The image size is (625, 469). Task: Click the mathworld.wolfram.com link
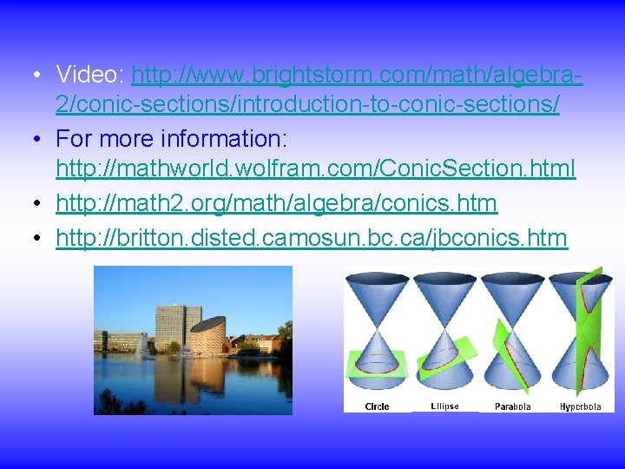point(315,168)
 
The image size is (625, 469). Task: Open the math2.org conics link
point(276,203)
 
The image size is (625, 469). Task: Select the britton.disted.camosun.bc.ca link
point(311,237)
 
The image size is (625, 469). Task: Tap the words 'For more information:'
point(171,139)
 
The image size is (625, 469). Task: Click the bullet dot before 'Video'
point(34,76)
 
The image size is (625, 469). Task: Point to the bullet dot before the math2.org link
point(34,204)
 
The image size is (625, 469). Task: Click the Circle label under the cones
point(377,406)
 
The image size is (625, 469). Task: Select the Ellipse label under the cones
point(444,406)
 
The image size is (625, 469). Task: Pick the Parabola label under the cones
point(512,406)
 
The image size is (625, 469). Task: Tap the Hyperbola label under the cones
point(580,406)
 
